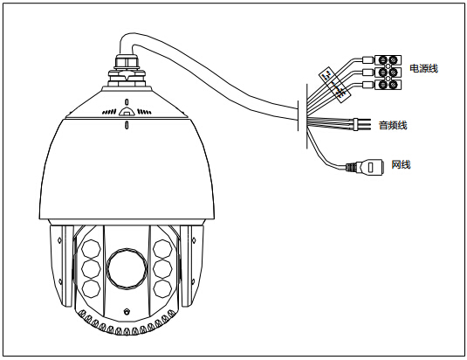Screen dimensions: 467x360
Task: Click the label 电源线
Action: pyautogui.click(x=424, y=68)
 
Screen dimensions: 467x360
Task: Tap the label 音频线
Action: pyautogui.click(x=393, y=125)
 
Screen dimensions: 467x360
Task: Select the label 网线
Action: pyautogui.click(x=401, y=164)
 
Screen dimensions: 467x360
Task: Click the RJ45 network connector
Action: pyautogui.click(x=365, y=167)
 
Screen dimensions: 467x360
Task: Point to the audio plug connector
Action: pyautogui.click(x=361, y=124)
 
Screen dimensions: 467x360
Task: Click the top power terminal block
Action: pyautogui.click(x=388, y=60)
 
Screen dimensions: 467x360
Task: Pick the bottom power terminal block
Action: pyautogui.click(x=388, y=85)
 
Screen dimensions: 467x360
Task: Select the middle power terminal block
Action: pyautogui.click(x=388, y=73)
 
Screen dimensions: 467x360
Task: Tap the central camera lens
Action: pyautogui.click(x=127, y=268)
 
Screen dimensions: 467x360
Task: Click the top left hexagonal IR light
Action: pyautogui.click(x=91, y=249)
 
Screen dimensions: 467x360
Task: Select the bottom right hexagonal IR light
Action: pyautogui.click(x=162, y=288)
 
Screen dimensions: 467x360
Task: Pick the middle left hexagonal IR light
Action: pyautogui.click(x=91, y=269)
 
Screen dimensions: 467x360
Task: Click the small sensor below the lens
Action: pyautogui.click(x=127, y=311)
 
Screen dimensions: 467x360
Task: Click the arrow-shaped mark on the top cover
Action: pyautogui.click(x=127, y=111)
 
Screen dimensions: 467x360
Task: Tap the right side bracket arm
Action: pyautogui.click(x=192, y=266)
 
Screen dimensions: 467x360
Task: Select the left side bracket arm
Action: pyautogui.click(x=61, y=266)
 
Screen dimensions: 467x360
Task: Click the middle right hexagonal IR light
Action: pyautogui.click(x=162, y=269)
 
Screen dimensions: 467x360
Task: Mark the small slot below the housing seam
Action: pyautogui.click(x=127, y=125)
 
